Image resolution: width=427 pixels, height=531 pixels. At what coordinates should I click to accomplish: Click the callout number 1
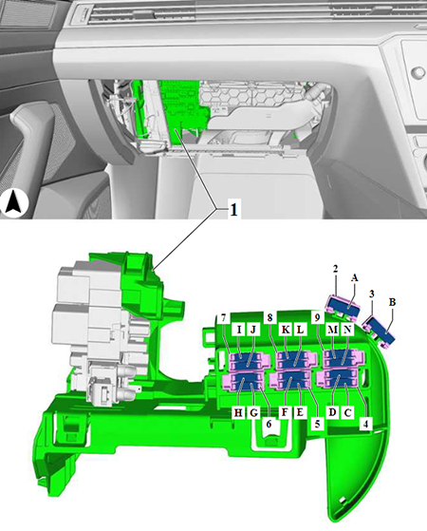(233, 210)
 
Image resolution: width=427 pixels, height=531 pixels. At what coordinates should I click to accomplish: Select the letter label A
(354, 278)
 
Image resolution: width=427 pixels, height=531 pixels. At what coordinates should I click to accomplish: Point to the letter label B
(392, 302)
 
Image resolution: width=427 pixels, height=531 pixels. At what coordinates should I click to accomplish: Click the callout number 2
(335, 269)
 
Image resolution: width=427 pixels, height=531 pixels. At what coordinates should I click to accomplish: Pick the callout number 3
(372, 294)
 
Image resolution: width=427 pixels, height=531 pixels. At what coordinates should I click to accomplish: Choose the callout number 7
(223, 318)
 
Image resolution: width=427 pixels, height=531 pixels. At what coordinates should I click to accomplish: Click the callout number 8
(269, 318)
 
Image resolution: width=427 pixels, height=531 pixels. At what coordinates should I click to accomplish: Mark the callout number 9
(317, 318)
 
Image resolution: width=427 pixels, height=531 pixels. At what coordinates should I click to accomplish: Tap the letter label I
(239, 330)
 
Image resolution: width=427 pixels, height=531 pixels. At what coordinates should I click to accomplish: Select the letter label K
(286, 330)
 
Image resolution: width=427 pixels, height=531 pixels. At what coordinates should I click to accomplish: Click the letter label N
(347, 330)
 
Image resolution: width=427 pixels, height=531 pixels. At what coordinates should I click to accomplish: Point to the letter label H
(238, 413)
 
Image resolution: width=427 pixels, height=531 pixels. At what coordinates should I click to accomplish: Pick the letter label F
(285, 412)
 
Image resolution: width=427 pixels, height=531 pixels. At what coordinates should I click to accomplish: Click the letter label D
(333, 412)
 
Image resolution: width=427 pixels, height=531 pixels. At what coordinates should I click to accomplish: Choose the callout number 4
(365, 423)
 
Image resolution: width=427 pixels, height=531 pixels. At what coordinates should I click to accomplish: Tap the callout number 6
(269, 424)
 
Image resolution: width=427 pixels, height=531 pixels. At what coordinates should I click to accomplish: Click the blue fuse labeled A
(343, 305)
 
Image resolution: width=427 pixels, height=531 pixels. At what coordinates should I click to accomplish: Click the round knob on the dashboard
(418, 72)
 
